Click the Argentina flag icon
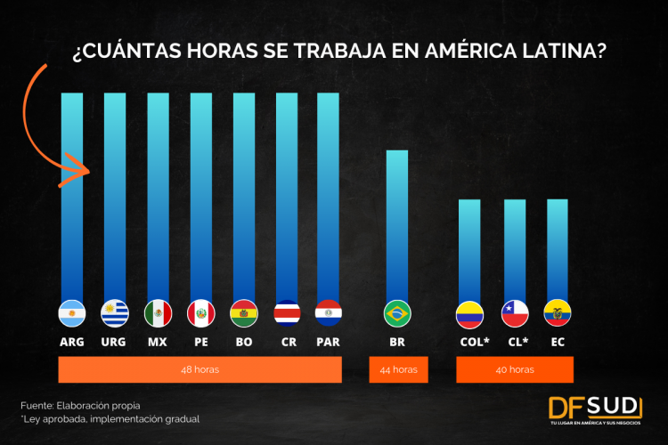[x=72, y=313]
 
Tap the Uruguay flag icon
[x=115, y=313]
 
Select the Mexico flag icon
[x=158, y=313]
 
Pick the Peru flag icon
[x=200, y=313]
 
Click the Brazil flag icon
[x=397, y=313]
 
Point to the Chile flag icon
[x=515, y=313]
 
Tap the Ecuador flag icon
[x=558, y=313]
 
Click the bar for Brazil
[x=397, y=222]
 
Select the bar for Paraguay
[x=329, y=196]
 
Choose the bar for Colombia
[x=469, y=249]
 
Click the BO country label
[x=243, y=341]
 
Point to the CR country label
[x=286, y=341]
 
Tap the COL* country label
[x=471, y=341]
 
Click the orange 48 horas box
[x=200, y=369]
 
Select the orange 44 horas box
[x=397, y=369]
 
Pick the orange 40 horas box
[x=515, y=369]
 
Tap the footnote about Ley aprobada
[x=110, y=419]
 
